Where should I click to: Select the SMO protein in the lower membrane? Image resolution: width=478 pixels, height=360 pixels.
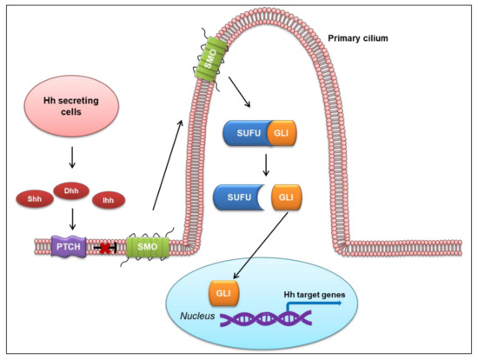[x=145, y=248]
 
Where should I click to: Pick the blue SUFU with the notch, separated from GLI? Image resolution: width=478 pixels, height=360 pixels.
[x=236, y=198]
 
